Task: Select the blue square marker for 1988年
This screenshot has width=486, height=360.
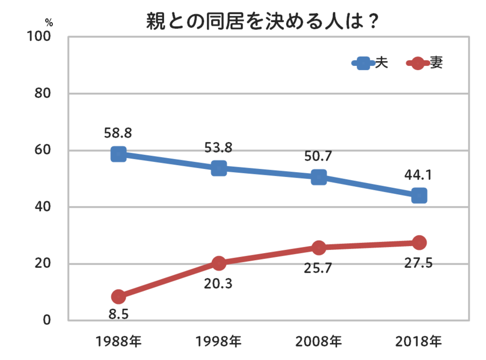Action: [x=119, y=154]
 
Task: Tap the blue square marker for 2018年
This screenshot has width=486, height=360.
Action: [x=419, y=195]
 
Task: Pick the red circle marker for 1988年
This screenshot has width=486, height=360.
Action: [x=119, y=296]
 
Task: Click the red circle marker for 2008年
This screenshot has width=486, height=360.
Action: [x=319, y=248]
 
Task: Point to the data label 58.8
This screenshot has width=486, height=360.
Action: [x=118, y=132]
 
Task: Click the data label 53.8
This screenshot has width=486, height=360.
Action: [x=219, y=146]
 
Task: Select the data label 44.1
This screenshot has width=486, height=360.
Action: [x=419, y=174]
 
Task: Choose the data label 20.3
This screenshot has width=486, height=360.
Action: [x=218, y=283]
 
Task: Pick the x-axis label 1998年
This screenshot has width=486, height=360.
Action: [x=219, y=342]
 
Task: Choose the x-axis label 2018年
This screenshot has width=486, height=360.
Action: [x=419, y=342]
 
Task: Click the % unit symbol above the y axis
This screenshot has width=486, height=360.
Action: [x=49, y=23]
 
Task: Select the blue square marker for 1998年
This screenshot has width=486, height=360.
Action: [x=219, y=168]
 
